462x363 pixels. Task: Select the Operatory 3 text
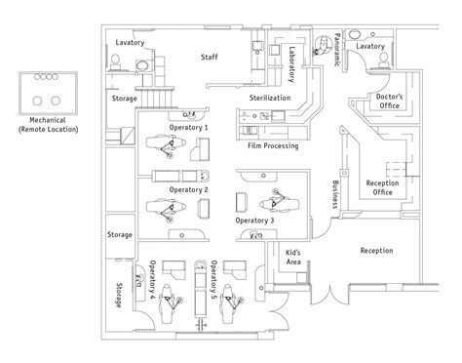pos(254,222)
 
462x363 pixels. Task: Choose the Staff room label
pos(209,58)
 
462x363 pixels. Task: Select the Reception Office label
pos(386,187)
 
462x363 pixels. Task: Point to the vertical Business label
pos(335,194)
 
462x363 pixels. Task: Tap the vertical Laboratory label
pos(292,65)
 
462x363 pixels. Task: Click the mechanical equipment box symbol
pos(43,91)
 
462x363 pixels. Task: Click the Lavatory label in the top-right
pos(370,46)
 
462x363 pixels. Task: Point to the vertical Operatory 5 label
pos(212,277)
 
